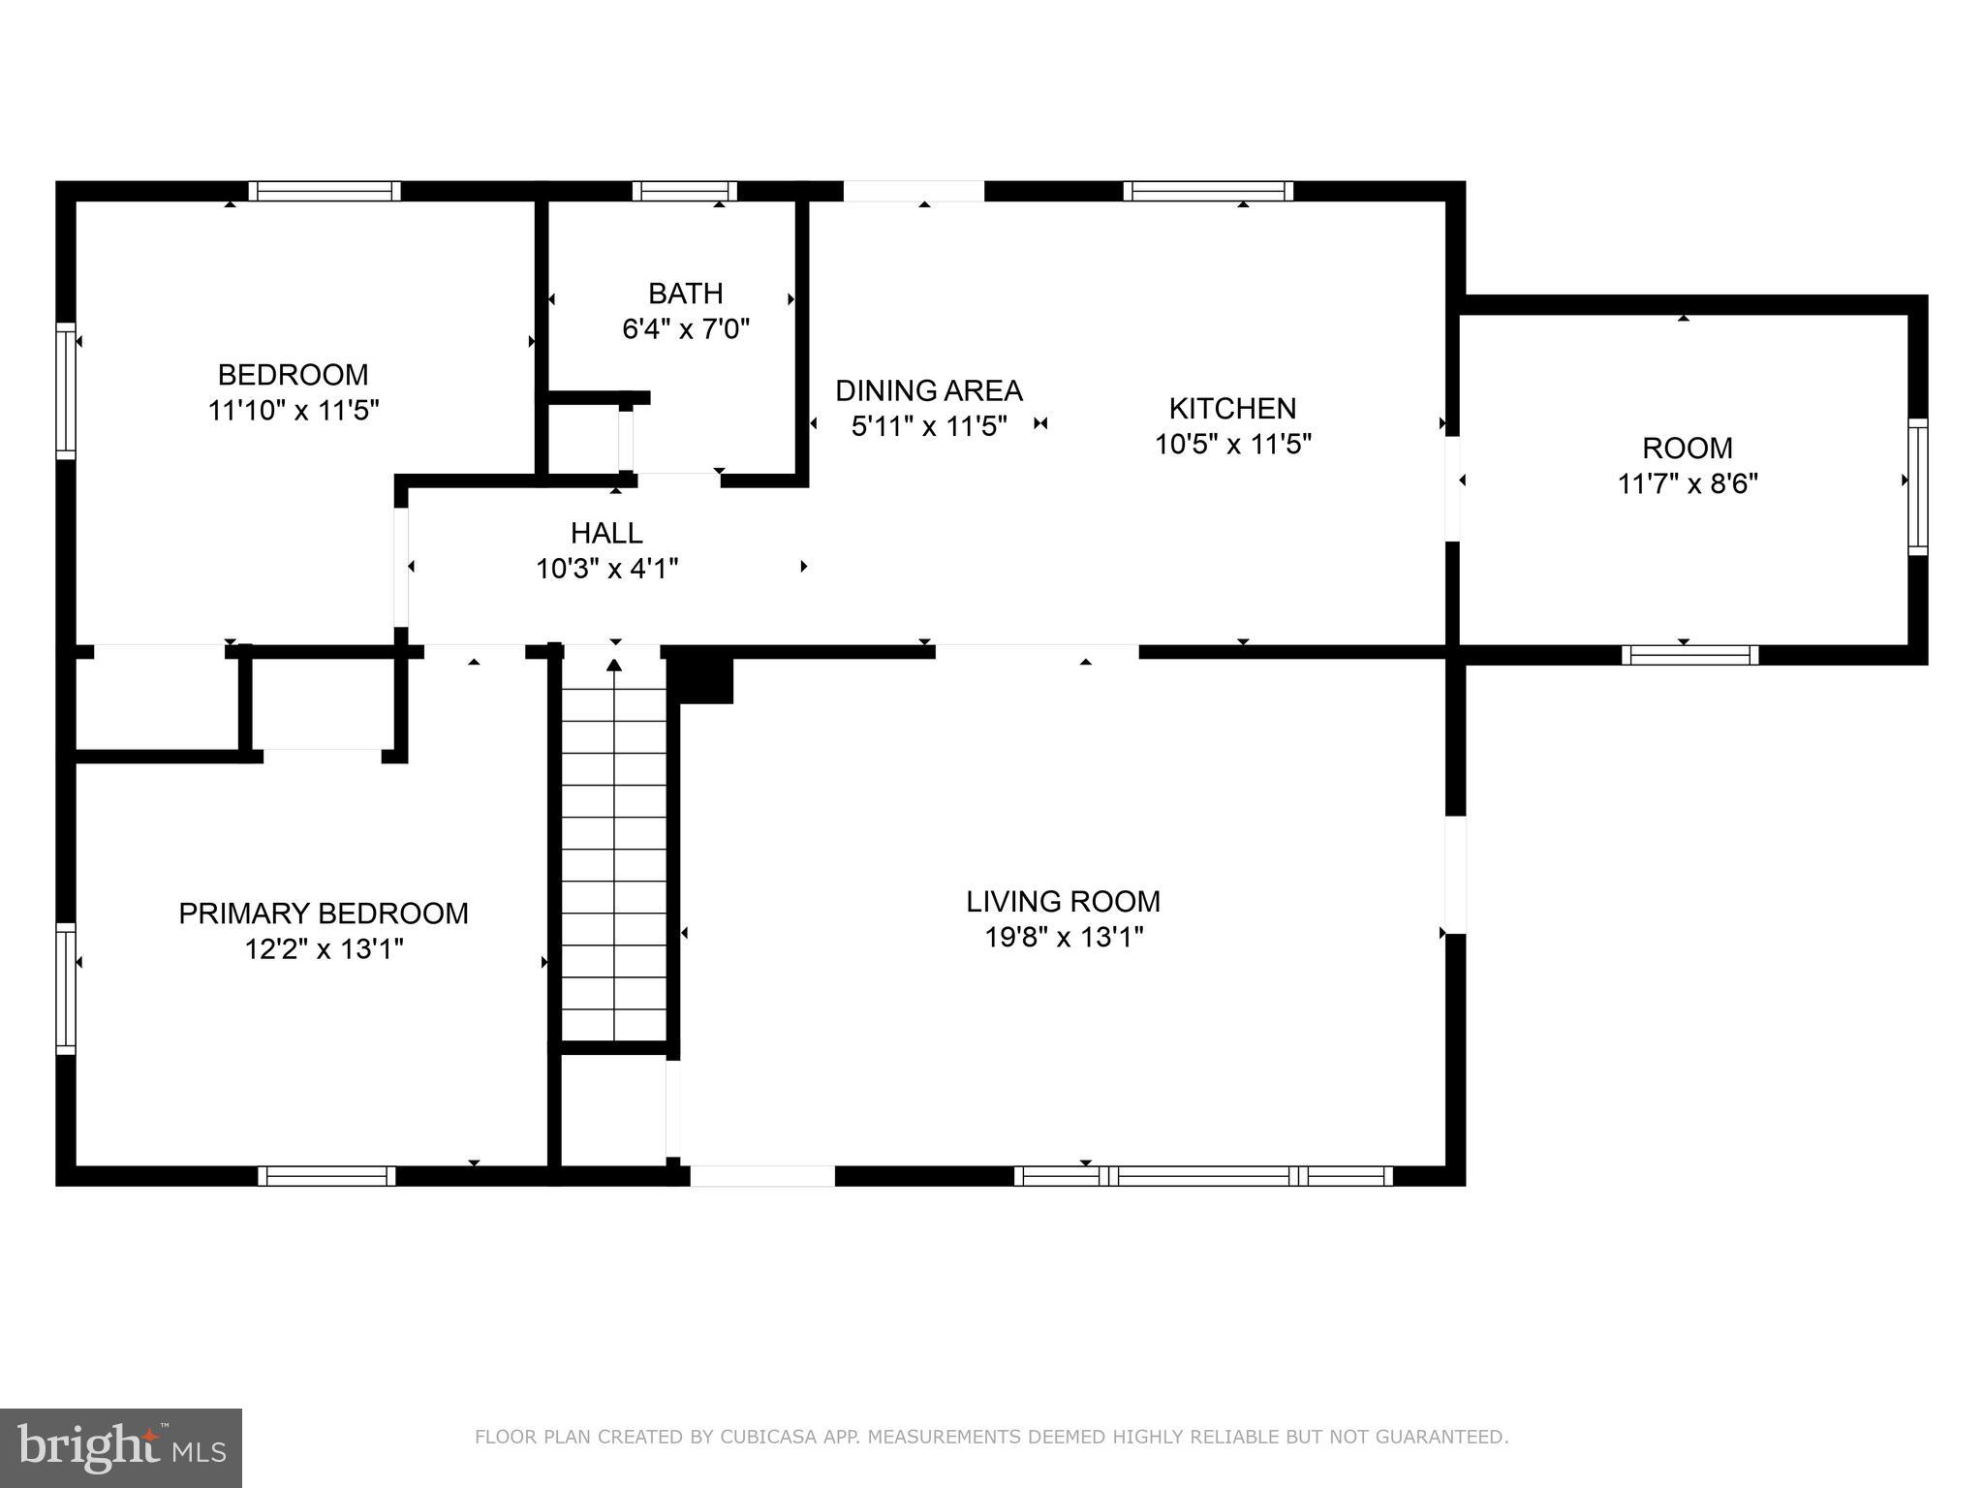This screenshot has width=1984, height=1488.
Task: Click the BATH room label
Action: [685, 293]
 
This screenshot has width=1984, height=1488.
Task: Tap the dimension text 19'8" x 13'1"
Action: [1064, 937]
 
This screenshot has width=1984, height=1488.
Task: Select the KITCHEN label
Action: [1232, 408]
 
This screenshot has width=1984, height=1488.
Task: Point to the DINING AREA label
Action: [929, 390]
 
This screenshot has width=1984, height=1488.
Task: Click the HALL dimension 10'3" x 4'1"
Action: [607, 568]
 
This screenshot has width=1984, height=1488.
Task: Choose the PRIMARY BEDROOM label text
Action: [324, 914]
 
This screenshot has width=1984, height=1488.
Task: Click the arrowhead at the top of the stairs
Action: [614, 665]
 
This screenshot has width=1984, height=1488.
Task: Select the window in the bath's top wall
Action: [685, 191]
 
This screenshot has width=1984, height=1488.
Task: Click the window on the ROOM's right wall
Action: [1918, 486]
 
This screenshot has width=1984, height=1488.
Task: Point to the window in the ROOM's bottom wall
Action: [1690, 655]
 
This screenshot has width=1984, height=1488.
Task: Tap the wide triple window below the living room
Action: [1204, 1176]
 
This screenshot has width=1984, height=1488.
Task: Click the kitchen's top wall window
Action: [1208, 191]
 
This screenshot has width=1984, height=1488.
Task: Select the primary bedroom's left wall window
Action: [66, 988]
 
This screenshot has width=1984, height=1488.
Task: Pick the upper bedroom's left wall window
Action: [66, 390]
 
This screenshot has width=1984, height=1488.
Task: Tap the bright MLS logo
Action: [121, 1448]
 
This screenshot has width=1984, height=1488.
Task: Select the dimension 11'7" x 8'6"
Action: [1688, 483]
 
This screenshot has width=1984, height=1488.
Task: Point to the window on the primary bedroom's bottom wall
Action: [327, 1176]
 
